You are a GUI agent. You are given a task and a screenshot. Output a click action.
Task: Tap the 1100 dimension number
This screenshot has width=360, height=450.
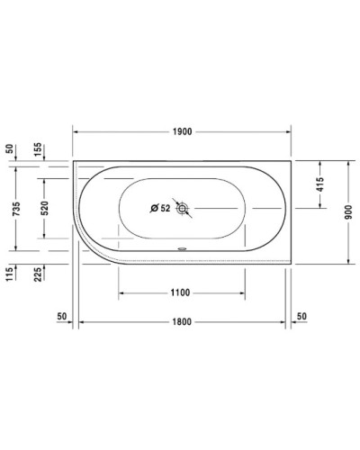point(182,292)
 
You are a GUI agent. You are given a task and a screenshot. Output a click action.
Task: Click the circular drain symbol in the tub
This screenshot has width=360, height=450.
point(183,209)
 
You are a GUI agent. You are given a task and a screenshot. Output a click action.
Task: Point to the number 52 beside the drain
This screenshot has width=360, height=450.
point(165,209)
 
